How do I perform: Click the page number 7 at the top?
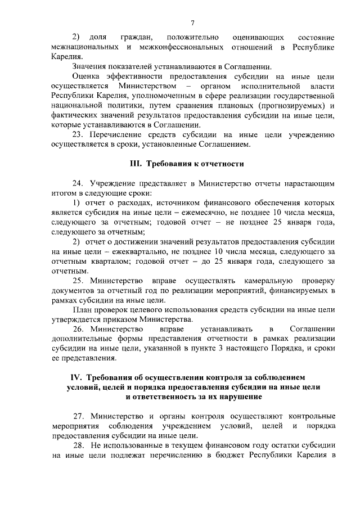click(x=192, y=22)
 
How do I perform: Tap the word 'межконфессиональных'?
click(x=185, y=47)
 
